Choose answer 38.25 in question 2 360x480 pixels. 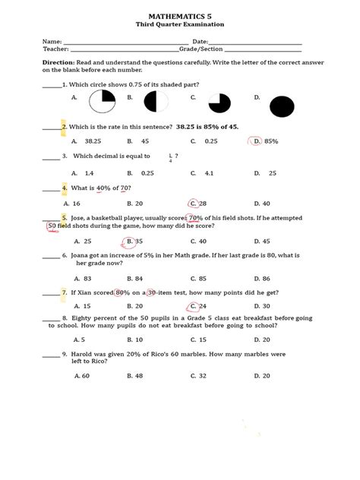click(x=93, y=141)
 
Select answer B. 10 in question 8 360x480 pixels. click(x=135, y=339)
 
